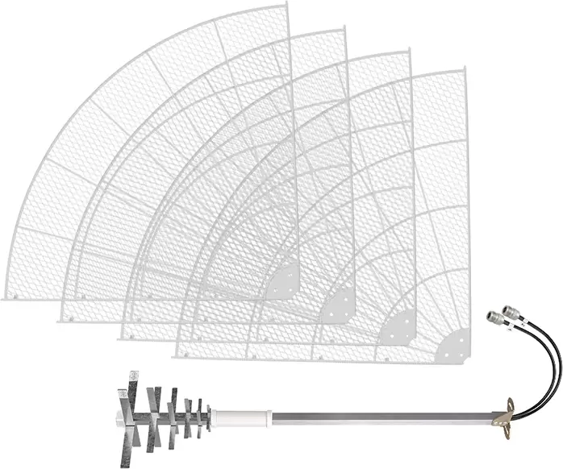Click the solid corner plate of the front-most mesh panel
(454, 346)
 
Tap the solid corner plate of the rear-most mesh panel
(285, 282)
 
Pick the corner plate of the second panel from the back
(341, 305)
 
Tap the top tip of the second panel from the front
(408, 52)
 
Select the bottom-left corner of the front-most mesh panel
(177, 354)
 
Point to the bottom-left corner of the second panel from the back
(61, 319)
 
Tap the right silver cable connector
(511, 311)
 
